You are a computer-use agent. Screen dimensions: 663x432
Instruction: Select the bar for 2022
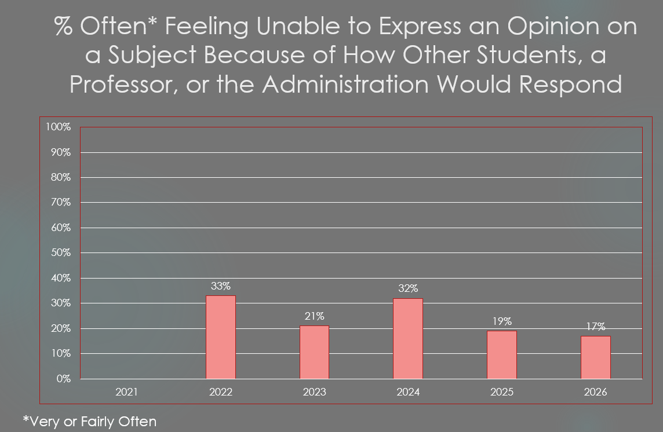click(x=221, y=337)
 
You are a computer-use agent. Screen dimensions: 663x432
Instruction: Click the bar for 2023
click(x=314, y=352)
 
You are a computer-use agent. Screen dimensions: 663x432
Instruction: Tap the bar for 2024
click(x=408, y=339)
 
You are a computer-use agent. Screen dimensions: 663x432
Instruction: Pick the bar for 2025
click(x=502, y=354)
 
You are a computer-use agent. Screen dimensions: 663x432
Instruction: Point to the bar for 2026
click(x=596, y=357)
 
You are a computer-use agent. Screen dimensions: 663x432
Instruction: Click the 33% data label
click(x=221, y=286)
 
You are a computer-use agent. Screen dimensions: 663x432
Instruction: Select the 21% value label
click(x=315, y=316)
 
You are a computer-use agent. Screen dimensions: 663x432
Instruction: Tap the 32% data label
click(x=408, y=288)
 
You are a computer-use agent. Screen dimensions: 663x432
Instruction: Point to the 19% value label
click(x=502, y=321)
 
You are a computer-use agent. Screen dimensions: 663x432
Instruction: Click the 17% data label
click(x=596, y=327)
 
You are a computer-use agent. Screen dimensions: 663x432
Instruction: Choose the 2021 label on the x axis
click(x=127, y=392)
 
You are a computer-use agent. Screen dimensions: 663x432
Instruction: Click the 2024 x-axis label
click(x=408, y=392)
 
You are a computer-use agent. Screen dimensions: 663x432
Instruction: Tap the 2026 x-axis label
click(x=595, y=392)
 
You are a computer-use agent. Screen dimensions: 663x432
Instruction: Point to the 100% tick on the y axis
click(x=59, y=127)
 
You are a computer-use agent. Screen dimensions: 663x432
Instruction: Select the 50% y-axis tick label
click(x=61, y=253)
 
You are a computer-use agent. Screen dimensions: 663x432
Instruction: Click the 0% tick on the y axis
click(x=63, y=379)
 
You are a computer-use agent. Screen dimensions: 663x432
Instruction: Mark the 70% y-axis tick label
click(x=61, y=203)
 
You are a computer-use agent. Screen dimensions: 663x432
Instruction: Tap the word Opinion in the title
click(x=553, y=26)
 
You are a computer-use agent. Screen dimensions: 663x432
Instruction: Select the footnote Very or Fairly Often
click(x=90, y=422)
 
